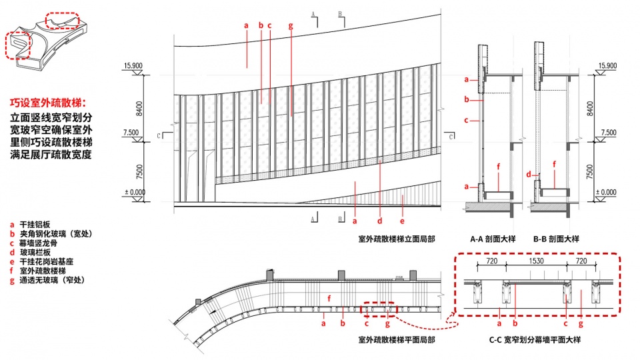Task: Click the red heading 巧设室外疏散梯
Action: [48, 103]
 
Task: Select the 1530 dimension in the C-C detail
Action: [536, 261]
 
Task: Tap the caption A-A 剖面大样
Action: [493, 239]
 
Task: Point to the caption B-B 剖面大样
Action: [556, 239]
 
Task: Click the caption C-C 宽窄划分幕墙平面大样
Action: [535, 339]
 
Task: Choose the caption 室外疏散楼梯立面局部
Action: [397, 239]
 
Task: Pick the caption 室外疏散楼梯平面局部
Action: [397, 339]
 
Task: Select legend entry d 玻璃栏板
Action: [30, 253]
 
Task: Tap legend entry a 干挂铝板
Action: [30, 225]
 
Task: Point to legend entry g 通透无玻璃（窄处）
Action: [47, 281]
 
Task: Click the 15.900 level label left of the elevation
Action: [133, 66]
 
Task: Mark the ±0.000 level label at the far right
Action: [606, 192]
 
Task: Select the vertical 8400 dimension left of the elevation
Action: [139, 109]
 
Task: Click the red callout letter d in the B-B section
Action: [529, 174]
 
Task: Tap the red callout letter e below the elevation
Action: [402, 221]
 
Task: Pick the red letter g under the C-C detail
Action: [581, 324]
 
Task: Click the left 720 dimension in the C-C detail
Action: [492, 261]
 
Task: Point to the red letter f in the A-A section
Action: [499, 167]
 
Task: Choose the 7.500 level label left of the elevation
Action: [131, 133]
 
